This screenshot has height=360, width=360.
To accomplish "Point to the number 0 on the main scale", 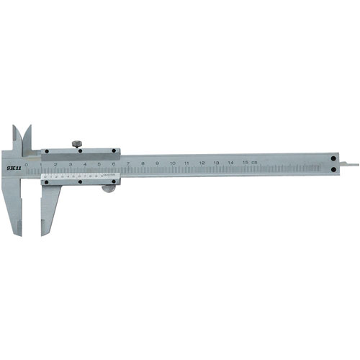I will tap(27, 164).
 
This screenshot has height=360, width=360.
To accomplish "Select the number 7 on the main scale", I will tap(128, 164).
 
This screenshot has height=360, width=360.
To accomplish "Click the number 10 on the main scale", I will tap(172, 164).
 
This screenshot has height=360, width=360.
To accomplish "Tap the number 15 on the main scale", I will tap(245, 163).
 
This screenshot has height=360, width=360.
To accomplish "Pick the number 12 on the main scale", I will tap(202, 164).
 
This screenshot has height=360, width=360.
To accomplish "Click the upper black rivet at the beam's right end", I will tap(334, 158).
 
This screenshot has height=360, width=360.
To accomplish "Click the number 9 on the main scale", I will tap(157, 164).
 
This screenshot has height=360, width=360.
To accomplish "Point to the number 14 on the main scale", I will tap(230, 163).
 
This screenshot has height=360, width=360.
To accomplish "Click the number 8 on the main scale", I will tap(143, 164).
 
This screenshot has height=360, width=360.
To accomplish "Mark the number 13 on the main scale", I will tap(216, 163).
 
